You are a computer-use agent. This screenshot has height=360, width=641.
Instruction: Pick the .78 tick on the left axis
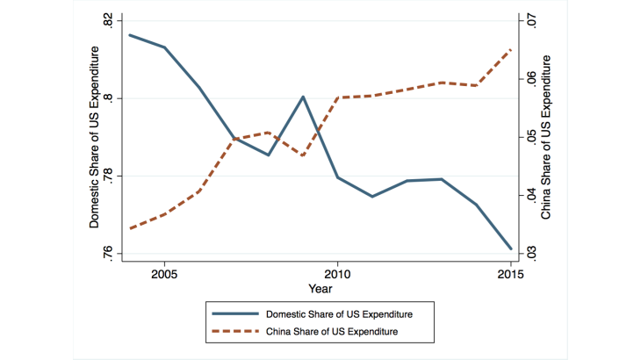pyautogui.click(x=107, y=176)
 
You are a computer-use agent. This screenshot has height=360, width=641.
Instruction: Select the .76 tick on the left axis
pyautogui.click(x=107, y=254)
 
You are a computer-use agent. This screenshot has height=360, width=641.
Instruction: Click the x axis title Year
pyautogui.click(x=320, y=288)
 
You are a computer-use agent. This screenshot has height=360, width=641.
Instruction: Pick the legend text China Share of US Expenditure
pyautogui.click(x=332, y=331)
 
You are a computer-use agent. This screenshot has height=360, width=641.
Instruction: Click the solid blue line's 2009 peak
pyautogui.click(x=303, y=97)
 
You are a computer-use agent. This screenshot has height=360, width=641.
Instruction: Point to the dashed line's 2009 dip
pyautogui.click(x=303, y=155)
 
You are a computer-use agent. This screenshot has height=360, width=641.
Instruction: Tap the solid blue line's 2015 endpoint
pyautogui.click(x=510, y=248)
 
